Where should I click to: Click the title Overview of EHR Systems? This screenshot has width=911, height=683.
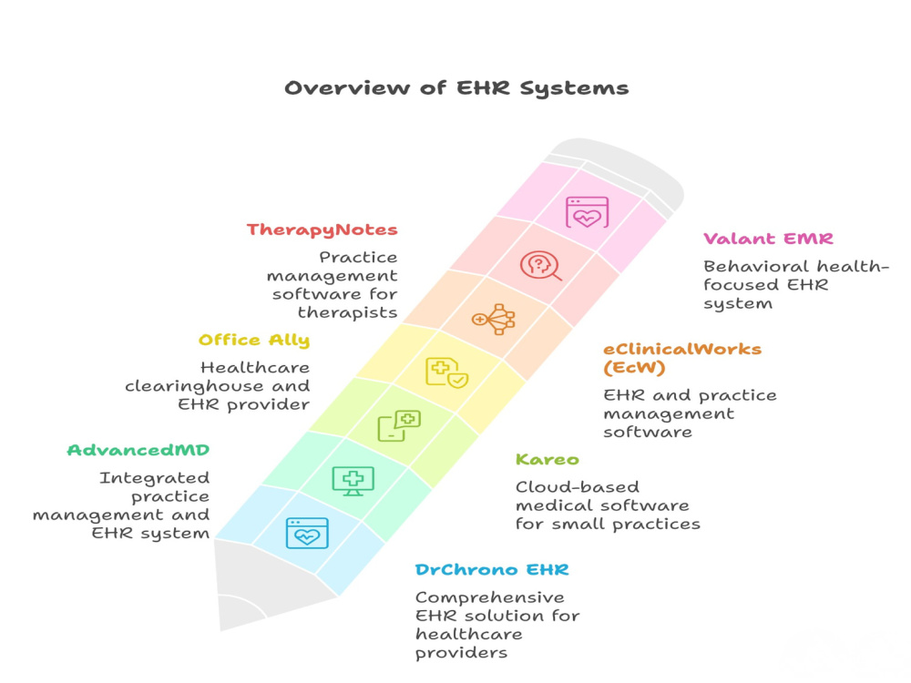(456, 88)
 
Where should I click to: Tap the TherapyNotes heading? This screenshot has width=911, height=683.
(322, 230)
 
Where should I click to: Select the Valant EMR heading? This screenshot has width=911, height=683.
(768, 239)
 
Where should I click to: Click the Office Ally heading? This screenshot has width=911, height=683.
(254, 341)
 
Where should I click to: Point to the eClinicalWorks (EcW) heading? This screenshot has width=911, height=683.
(682, 358)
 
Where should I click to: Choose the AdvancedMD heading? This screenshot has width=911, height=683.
(138, 450)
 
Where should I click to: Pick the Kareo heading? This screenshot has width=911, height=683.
(548, 459)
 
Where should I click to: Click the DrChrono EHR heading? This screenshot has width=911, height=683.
(492, 570)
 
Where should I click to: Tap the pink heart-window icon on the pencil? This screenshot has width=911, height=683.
(587, 212)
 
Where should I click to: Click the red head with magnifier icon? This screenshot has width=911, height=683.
(540, 266)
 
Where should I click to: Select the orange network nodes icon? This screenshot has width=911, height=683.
(493, 319)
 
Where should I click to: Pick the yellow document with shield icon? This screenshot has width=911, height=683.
(446, 372)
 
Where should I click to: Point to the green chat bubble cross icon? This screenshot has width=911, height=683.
(399, 425)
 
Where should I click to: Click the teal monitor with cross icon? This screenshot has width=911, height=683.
(353, 481)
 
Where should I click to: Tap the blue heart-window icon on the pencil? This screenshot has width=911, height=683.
(307, 533)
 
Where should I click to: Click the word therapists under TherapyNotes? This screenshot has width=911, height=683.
(347, 313)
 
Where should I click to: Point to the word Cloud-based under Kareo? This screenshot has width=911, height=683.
(578, 486)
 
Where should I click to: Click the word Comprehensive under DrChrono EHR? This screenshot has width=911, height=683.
(490, 597)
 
